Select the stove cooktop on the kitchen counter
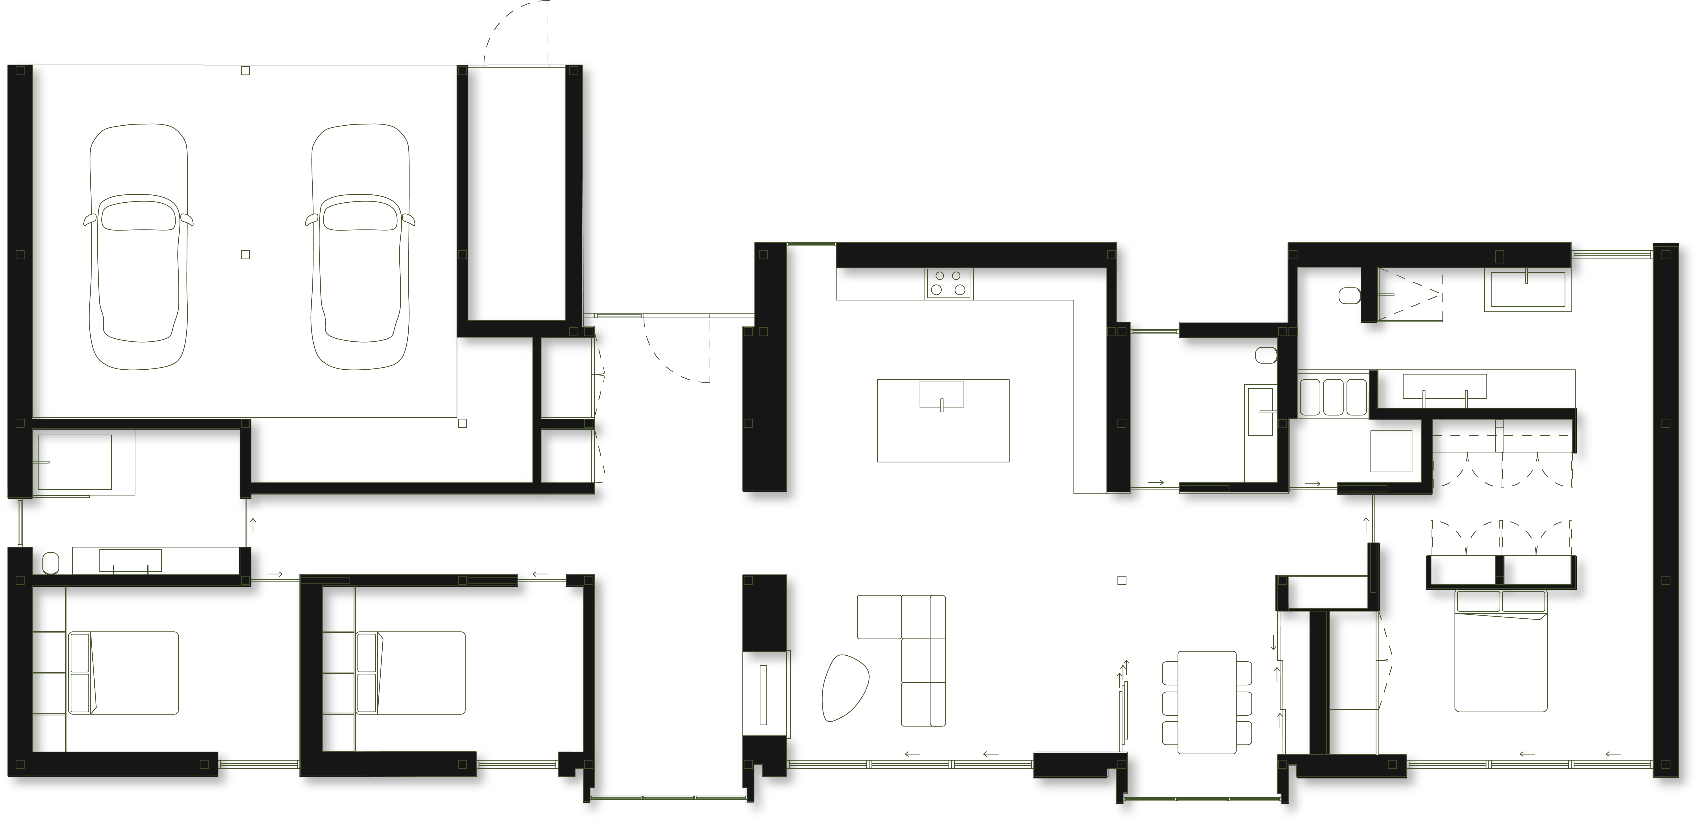[949, 284]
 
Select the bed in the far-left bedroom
[124, 673]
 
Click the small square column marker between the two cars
[245, 255]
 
